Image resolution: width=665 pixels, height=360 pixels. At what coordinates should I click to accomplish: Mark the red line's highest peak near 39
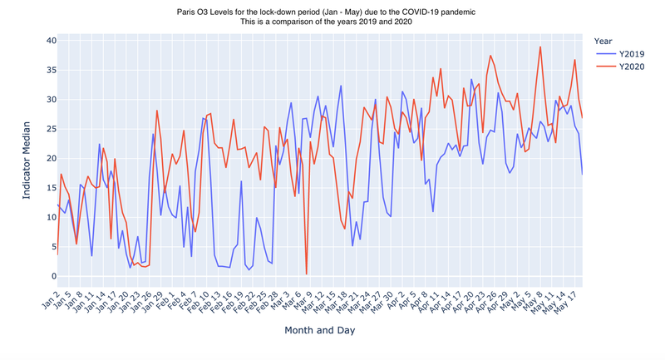[x=540, y=47]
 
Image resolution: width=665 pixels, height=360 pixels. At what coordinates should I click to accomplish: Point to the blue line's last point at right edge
[x=582, y=174]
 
